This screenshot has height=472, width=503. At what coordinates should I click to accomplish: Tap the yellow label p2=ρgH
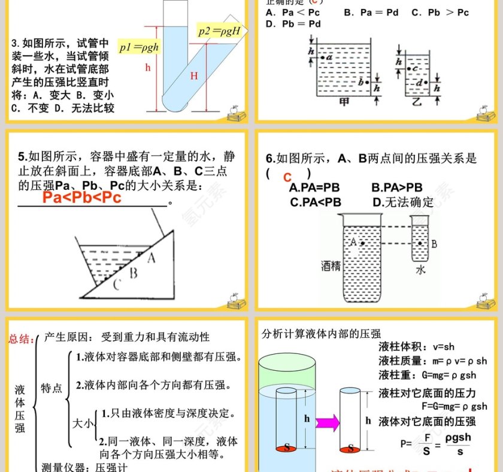219,31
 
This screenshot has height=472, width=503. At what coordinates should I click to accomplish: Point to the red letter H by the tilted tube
194,76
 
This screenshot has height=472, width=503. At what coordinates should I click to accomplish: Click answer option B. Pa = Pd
371,12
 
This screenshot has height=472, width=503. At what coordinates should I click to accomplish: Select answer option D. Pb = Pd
293,24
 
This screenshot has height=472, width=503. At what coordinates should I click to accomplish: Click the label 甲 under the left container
344,102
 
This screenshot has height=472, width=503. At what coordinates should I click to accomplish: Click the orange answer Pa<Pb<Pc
82,198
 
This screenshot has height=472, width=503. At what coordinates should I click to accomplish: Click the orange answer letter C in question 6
287,177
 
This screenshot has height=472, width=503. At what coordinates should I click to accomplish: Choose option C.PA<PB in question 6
315,202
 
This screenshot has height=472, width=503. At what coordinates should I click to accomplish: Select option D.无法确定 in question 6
403,202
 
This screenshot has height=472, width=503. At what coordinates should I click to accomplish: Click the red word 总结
20,339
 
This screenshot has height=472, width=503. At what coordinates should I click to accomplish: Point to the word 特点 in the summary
51,389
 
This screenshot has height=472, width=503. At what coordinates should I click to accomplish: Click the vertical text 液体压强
20,409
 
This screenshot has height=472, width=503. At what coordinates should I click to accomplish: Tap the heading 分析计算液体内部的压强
321,334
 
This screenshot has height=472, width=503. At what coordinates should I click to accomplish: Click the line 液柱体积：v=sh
417,347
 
